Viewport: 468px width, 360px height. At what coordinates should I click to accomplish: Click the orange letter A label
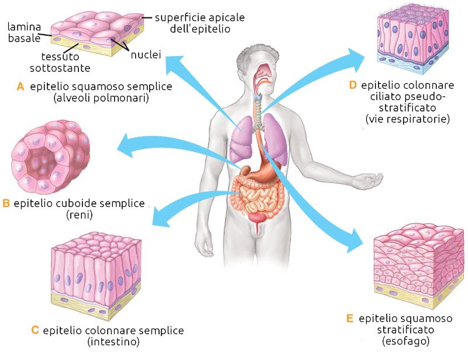click(x=20, y=86)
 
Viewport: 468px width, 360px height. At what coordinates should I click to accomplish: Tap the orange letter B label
click(x=6, y=204)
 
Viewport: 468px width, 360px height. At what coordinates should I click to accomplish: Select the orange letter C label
click(x=35, y=330)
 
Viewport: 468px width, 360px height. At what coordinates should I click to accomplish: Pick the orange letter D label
click(x=352, y=85)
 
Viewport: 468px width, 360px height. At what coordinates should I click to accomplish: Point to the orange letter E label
click(x=349, y=319)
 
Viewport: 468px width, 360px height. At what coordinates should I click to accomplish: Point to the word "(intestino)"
click(x=113, y=341)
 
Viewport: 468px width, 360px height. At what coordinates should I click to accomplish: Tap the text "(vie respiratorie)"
click(x=407, y=119)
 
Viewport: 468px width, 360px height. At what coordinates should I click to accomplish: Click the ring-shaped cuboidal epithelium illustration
click(x=44, y=161)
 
